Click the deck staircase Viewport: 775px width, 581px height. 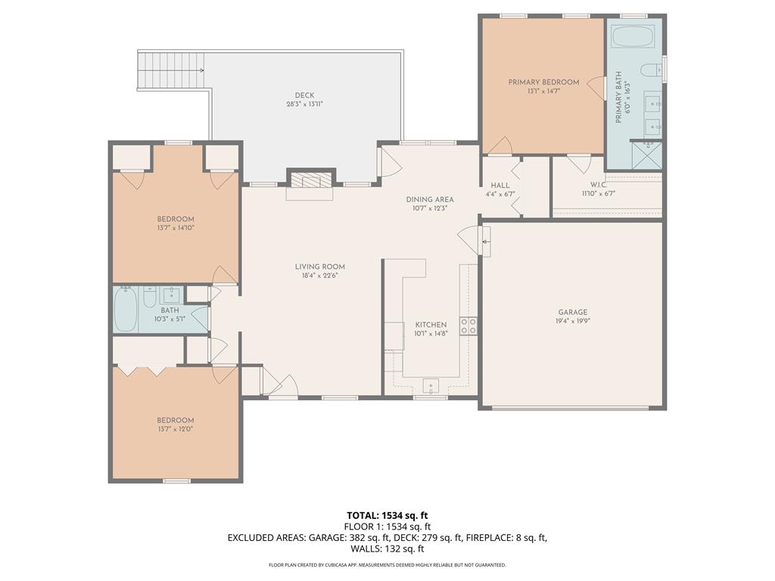click(171, 70)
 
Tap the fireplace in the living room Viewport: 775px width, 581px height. click(309, 179)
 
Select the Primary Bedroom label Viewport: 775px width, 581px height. click(543, 82)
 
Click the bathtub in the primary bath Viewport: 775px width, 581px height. click(634, 36)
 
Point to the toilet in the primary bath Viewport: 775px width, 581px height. click(649, 71)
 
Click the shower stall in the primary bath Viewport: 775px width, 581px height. click(646, 155)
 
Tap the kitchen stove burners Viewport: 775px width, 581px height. click(468, 326)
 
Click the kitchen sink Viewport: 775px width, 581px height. click(431, 387)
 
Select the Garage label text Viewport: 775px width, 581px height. click(573, 312)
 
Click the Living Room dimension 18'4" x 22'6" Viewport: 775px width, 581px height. click(320, 275)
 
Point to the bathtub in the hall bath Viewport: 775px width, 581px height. click(126, 309)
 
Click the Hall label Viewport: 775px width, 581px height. click(500, 185)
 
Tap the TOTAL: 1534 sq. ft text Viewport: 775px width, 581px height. click(387, 515)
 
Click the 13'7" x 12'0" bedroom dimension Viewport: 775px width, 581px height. click(176, 430)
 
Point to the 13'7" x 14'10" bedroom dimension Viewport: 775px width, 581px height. click(176, 228)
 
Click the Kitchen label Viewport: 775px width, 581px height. click(431, 325)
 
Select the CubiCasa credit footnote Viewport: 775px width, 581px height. click(387, 565)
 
